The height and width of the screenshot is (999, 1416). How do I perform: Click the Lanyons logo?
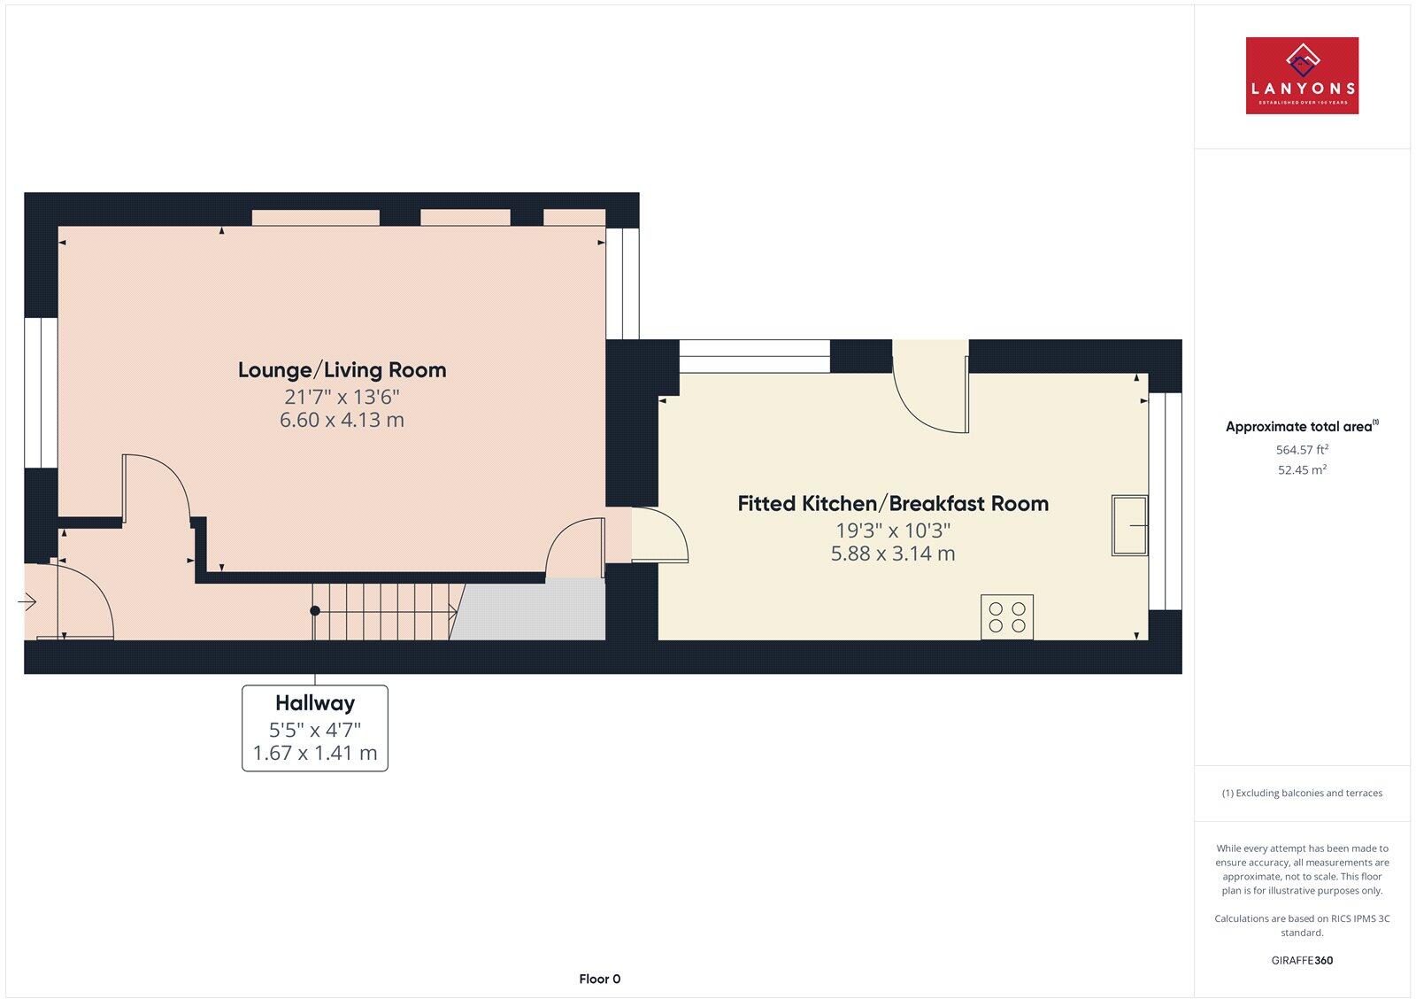click(1302, 75)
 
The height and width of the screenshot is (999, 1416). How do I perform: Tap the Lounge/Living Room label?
click(342, 370)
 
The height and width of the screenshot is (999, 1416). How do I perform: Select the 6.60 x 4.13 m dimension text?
click(342, 420)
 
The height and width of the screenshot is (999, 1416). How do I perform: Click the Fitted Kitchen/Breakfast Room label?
click(893, 504)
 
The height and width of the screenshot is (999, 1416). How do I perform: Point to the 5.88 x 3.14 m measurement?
click(893, 554)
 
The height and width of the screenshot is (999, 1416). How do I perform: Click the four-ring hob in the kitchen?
click(1007, 616)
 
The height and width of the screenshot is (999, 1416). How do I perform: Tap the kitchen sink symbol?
click(1129, 525)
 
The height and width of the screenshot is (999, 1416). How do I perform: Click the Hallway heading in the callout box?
click(315, 703)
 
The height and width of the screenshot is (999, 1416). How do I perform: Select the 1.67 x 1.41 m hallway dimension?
click(315, 753)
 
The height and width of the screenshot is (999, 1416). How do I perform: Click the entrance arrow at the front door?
click(27, 602)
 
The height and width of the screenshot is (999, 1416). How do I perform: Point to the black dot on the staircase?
click(315, 610)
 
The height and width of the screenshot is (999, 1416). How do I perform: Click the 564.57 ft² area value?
click(1302, 449)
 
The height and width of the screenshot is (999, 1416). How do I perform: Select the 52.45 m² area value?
click(1302, 470)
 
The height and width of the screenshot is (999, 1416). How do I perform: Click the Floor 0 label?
click(600, 979)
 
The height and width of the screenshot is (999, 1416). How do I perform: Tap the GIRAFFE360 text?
click(1302, 960)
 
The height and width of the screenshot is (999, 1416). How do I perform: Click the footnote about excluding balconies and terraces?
click(1302, 793)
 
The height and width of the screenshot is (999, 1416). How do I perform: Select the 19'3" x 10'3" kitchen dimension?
click(893, 530)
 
